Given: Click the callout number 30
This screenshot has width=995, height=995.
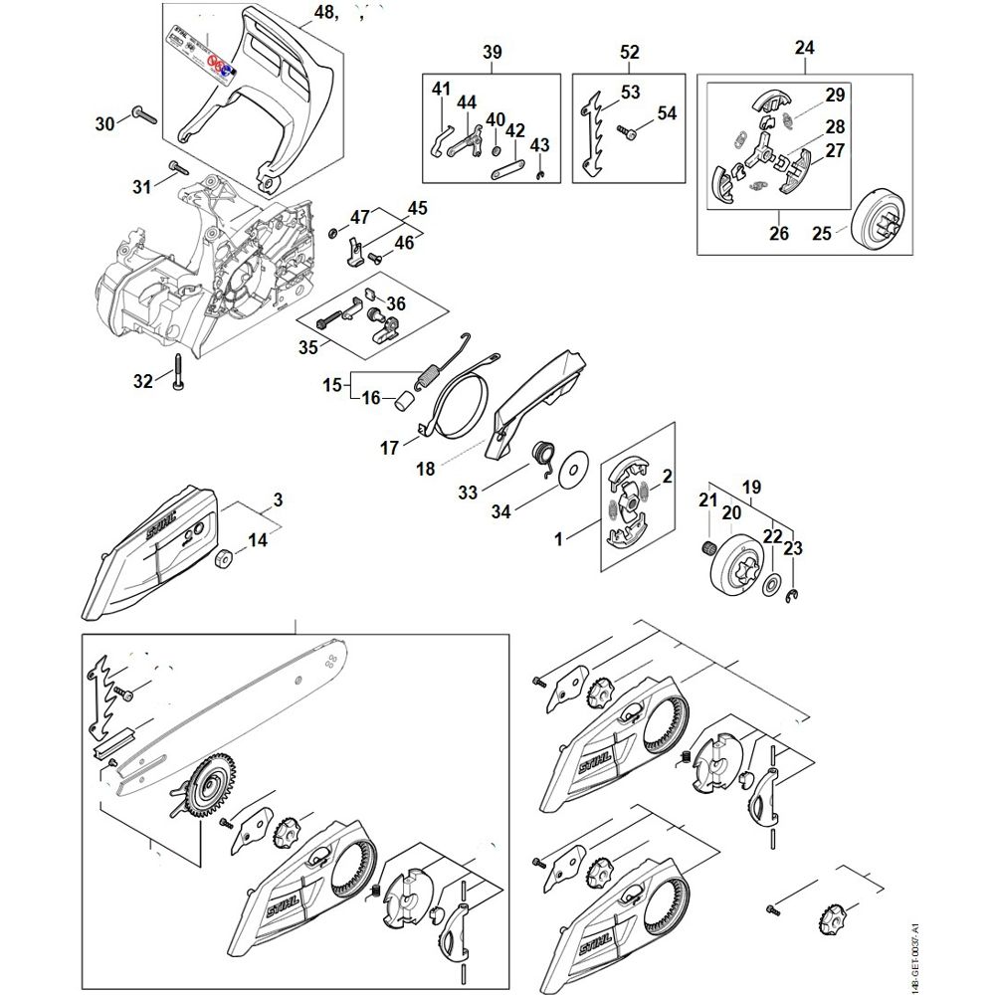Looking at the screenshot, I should (x=104, y=123).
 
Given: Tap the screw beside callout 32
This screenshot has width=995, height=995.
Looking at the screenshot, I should (x=177, y=372).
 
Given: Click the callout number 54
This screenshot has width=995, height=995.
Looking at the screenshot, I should (x=666, y=113).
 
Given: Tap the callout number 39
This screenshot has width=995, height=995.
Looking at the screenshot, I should (x=492, y=52).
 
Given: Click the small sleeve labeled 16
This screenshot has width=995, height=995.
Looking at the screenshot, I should (x=404, y=400).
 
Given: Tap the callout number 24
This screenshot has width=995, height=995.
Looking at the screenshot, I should (x=805, y=47).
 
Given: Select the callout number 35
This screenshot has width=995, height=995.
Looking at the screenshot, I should (x=307, y=347).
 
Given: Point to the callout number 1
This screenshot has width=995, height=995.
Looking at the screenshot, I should (x=558, y=538).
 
